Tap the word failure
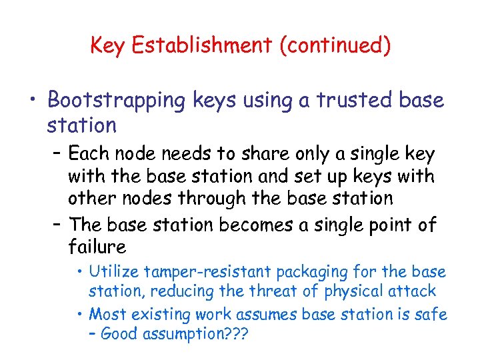coord(97,247)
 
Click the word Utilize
coord(114,272)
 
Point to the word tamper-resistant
coord(203,272)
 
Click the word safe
coord(431,313)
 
